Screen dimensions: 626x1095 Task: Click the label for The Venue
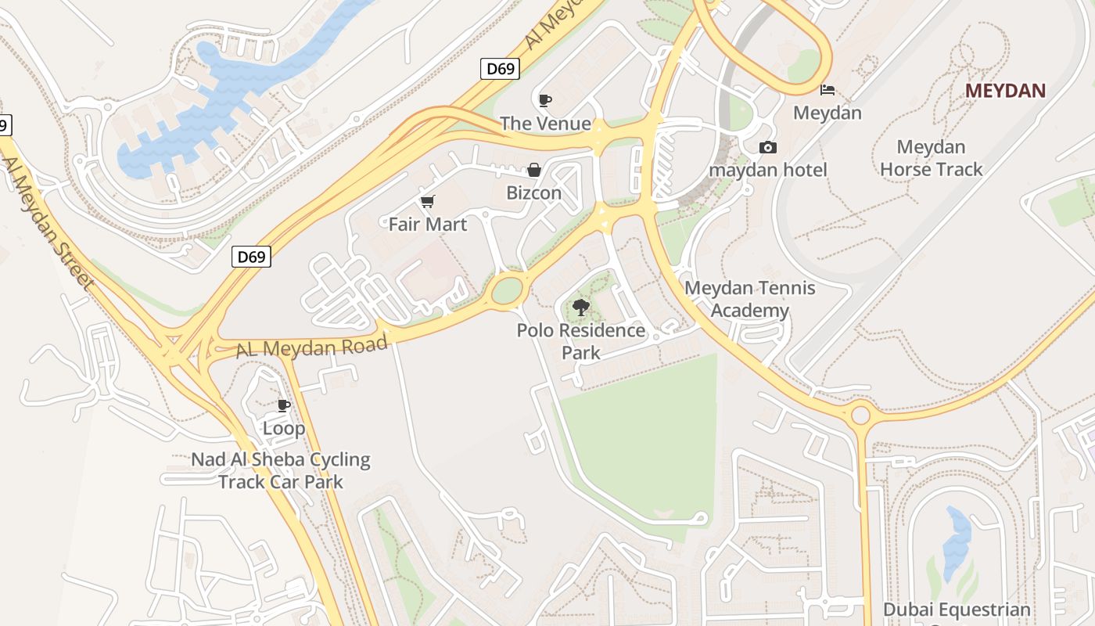click(545, 123)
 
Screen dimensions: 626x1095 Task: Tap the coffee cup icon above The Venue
click(545, 100)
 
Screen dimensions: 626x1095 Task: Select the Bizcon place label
click(534, 192)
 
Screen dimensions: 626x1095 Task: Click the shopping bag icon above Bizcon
click(534, 170)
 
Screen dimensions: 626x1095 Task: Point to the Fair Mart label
click(428, 225)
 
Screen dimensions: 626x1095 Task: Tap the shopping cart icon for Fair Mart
click(428, 202)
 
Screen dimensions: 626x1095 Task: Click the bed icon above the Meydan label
click(828, 90)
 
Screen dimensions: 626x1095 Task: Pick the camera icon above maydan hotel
click(768, 147)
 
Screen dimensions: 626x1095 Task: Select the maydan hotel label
click(768, 170)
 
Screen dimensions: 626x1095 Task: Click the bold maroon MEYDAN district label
click(1005, 91)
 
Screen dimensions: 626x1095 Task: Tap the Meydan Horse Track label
click(931, 158)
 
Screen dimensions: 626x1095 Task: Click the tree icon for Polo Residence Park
click(580, 307)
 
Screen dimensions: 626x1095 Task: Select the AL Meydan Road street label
click(301, 347)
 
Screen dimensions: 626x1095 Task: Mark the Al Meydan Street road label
click(47, 223)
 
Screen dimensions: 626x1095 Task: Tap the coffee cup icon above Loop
click(284, 405)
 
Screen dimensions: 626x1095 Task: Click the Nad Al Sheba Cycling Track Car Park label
click(281, 470)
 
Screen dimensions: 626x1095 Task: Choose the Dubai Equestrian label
click(957, 610)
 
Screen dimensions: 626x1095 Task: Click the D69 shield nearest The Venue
click(500, 69)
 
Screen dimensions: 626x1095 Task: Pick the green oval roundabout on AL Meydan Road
click(507, 290)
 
